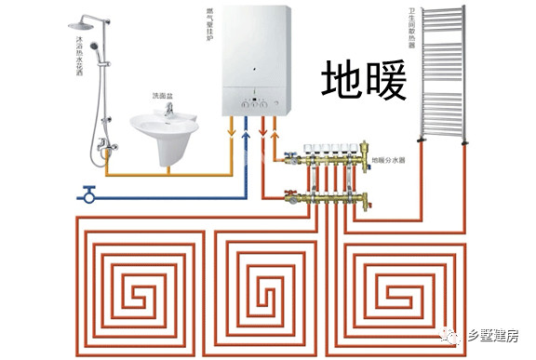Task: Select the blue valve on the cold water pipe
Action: coord(89,194)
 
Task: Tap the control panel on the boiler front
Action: coord(253,101)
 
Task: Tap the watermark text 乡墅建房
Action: coord(494,337)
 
